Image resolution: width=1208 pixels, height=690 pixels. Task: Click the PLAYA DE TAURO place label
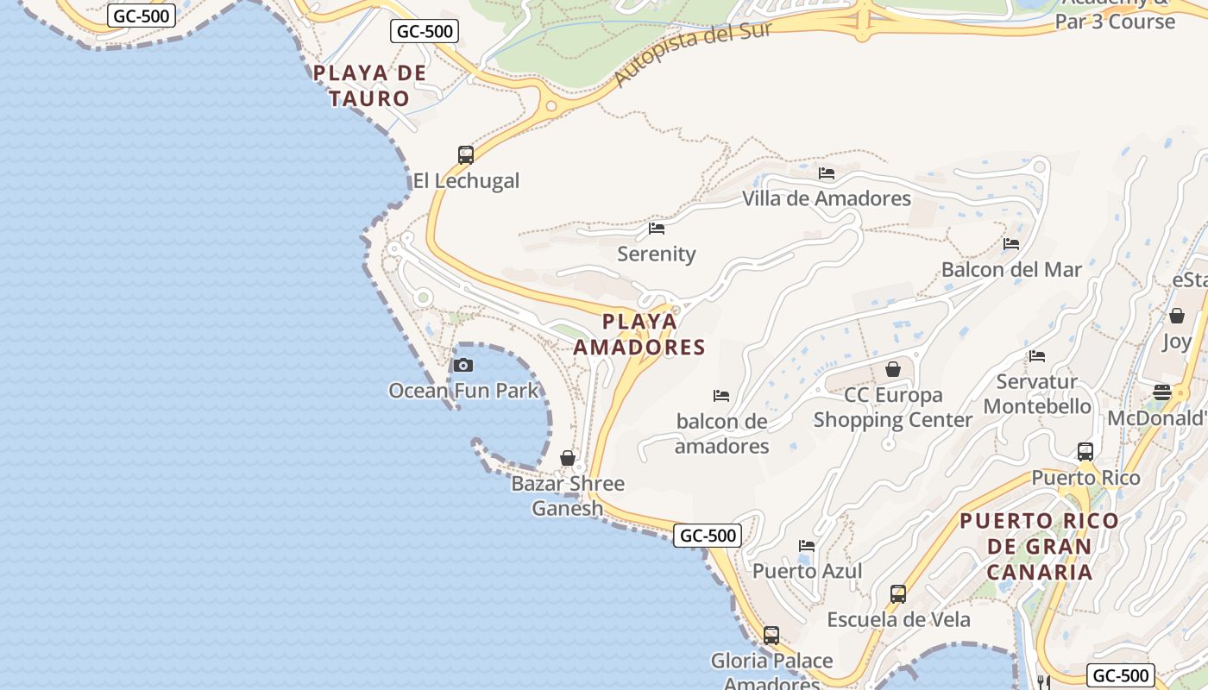pyautogui.click(x=369, y=85)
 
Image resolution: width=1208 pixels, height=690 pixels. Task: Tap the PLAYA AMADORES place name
pyautogui.click(x=639, y=335)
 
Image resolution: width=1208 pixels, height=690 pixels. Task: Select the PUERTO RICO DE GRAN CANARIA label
pyautogui.click(x=1039, y=546)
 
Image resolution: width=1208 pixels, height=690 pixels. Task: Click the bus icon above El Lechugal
pyautogui.click(x=466, y=155)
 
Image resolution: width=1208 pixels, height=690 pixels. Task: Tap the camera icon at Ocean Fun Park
pyautogui.click(x=463, y=365)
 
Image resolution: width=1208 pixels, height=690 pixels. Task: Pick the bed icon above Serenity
pyautogui.click(x=657, y=229)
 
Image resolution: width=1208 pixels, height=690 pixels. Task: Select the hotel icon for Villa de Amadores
pyautogui.click(x=827, y=173)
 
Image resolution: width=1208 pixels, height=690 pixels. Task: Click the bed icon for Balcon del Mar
pyautogui.click(x=1011, y=244)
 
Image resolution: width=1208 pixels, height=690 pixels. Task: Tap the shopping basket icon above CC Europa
pyautogui.click(x=893, y=369)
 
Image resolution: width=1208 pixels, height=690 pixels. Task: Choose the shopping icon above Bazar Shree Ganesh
pyautogui.click(x=568, y=458)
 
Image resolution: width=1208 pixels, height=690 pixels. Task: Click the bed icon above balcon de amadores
pyautogui.click(x=721, y=396)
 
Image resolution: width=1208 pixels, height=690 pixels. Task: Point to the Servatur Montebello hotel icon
pyautogui.click(x=1037, y=355)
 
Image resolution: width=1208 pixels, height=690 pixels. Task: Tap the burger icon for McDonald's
pyautogui.click(x=1162, y=392)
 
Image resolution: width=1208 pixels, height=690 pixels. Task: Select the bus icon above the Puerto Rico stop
pyautogui.click(x=1085, y=452)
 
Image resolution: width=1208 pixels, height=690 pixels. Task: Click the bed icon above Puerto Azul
pyautogui.click(x=807, y=545)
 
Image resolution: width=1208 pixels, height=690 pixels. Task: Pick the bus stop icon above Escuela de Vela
pyautogui.click(x=898, y=594)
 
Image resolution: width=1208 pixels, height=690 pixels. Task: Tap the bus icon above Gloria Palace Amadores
pyautogui.click(x=771, y=636)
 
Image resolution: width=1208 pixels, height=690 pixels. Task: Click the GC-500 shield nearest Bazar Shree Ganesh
pyautogui.click(x=708, y=536)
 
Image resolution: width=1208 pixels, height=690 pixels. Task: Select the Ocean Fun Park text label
pyautogui.click(x=463, y=391)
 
